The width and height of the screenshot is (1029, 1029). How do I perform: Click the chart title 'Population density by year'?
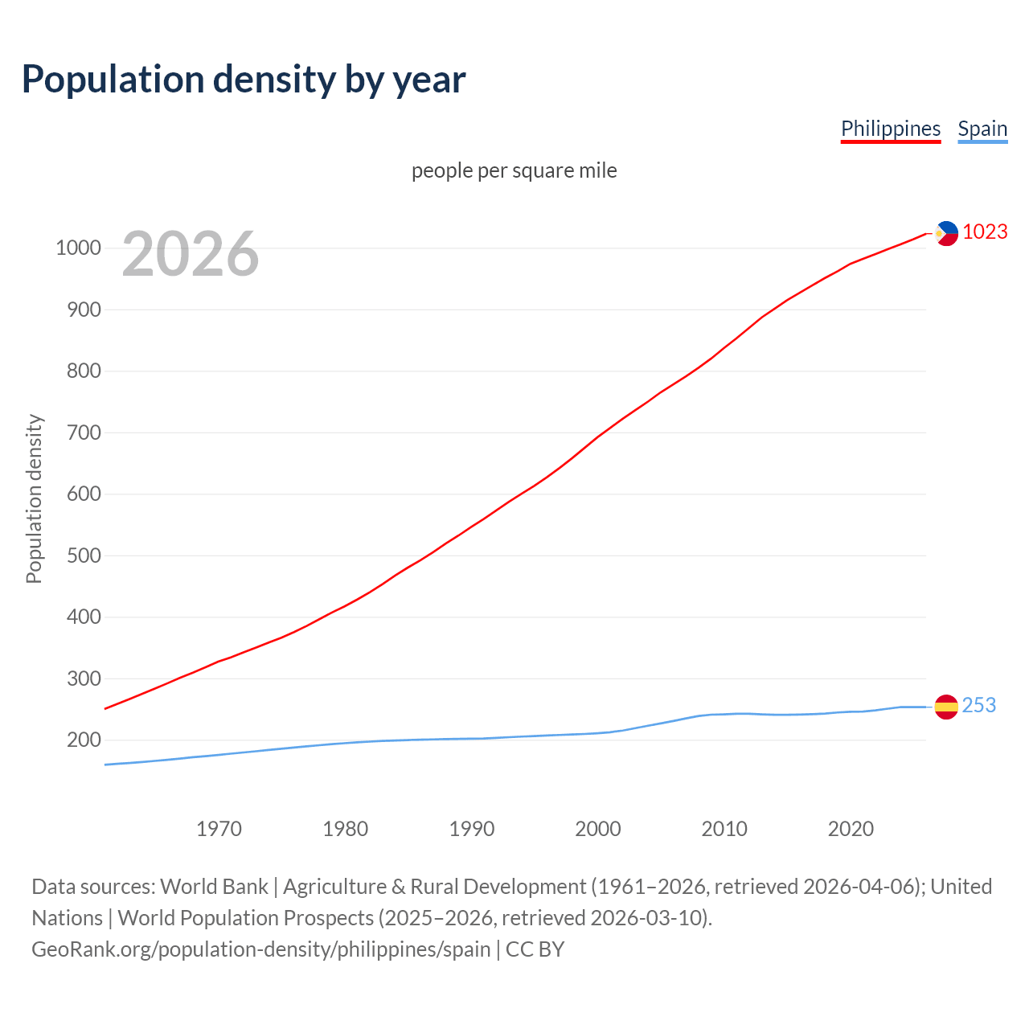tap(244, 80)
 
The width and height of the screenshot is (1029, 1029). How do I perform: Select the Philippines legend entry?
tap(890, 129)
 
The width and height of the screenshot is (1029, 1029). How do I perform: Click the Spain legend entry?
tap(982, 129)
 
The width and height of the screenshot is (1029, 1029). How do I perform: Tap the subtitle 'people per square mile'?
tap(514, 170)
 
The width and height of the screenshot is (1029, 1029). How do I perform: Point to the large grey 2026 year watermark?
tap(191, 254)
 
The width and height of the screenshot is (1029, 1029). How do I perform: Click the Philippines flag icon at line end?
tap(946, 233)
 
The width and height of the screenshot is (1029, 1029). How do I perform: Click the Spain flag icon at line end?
tap(946, 707)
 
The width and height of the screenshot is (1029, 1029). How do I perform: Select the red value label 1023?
tap(985, 232)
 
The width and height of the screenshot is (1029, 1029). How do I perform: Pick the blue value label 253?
tap(978, 705)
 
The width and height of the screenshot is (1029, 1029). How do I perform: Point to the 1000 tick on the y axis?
tap(78, 248)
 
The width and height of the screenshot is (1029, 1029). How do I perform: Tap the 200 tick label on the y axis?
tap(84, 740)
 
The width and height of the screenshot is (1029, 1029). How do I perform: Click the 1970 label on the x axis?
tap(219, 829)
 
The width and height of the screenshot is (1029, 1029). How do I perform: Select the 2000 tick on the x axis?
tap(598, 829)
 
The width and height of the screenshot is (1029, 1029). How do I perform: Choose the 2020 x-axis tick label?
tap(851, 829)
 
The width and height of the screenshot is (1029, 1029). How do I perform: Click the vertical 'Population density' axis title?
tap(34, 498)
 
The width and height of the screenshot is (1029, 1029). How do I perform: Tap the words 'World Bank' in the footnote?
tap(214, 887)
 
